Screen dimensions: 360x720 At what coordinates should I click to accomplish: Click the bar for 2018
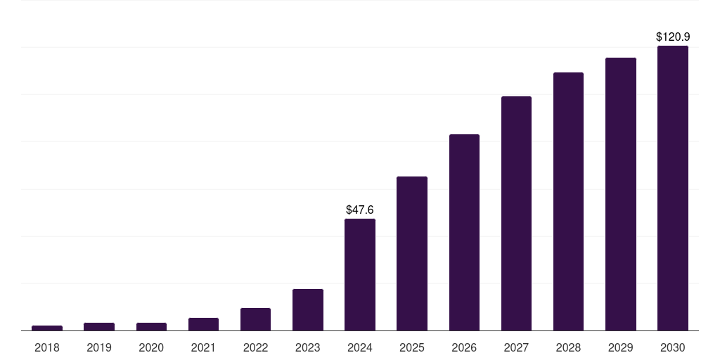click(47, 328)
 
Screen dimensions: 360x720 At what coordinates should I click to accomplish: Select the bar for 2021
click(203, 324)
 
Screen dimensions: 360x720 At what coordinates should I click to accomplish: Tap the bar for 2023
click(308, 309)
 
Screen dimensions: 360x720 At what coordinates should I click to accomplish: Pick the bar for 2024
click(360, 274)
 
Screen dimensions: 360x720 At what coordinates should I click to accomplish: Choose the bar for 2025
click(412, 253)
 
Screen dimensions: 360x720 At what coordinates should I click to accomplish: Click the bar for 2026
click(464, 232)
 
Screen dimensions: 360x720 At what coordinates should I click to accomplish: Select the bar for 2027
click(516, 213)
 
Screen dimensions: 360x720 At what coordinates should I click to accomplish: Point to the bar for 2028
click(568, 201)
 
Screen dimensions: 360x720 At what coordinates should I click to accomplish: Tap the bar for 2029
click(621, 194)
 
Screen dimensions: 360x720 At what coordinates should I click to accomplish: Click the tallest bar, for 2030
click(673, 188)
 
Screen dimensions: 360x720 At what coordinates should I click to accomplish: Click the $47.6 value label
click(360, 210)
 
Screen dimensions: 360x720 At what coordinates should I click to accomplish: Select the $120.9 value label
click(673, 37)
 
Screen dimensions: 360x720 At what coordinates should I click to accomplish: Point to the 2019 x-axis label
click(99, 347)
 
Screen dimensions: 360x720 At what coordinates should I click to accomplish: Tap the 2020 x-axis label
click(151, 347)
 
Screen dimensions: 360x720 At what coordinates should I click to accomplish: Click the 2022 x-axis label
click(255, 347)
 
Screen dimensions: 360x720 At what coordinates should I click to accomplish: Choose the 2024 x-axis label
click(360, 347)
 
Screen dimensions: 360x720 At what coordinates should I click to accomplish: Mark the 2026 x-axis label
click(464, 347)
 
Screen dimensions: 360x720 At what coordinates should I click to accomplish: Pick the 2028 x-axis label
click(568, 347)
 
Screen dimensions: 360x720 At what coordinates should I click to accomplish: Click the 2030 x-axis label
click(673, 347)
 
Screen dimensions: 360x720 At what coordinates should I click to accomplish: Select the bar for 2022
click(255, 319)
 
